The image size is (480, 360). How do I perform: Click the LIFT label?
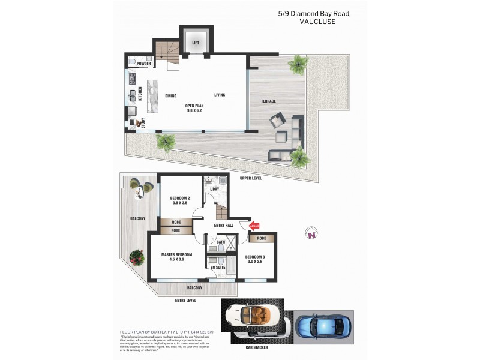click(x=196, y=43)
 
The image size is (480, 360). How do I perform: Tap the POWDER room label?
click(x=144, y=63)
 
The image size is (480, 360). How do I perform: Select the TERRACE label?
click(x=268, y=101)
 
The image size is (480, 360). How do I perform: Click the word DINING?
click(x=171, y=95)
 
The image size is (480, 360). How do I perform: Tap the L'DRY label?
click(x=214, y=189)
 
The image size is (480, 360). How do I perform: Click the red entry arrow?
click(x=253, y=226)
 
